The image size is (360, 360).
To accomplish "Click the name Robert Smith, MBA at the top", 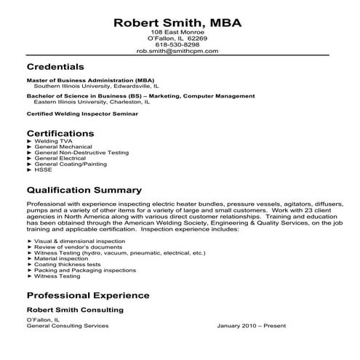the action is [179, 23].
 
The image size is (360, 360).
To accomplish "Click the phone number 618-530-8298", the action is [179, 45].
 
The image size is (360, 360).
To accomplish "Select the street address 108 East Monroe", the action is [179, 33].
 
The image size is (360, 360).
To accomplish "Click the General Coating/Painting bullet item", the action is [69, 164].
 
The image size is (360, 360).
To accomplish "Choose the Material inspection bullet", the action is [58, 257].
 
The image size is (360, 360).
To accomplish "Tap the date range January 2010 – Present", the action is [252, 325].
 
